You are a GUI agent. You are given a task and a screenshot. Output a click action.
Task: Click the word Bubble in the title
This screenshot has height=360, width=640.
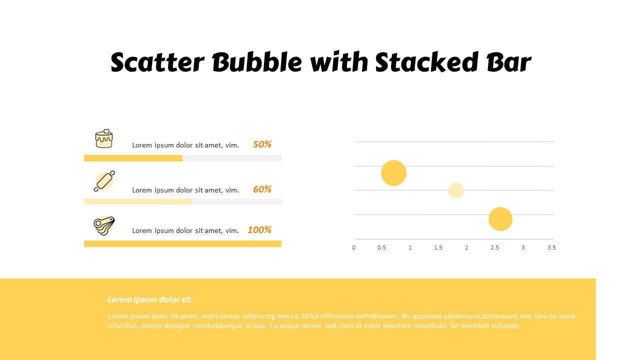(x=257, y=62)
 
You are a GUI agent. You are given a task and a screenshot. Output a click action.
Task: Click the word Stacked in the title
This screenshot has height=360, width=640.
(x=426, y=62)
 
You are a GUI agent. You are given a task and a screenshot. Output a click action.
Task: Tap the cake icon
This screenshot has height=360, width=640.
(x=104, y=138)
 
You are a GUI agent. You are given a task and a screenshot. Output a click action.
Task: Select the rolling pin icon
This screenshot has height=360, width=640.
(x=104, y=181)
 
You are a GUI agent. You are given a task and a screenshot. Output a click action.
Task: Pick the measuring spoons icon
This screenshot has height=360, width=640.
(x=104, y=225)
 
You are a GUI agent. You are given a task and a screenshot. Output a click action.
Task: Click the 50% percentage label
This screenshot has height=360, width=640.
(x=262, y=144)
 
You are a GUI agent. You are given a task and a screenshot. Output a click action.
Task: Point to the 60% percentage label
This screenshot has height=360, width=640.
(x=262, y=189)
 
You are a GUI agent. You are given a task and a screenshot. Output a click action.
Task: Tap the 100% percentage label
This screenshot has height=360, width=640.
(x=259, y=229)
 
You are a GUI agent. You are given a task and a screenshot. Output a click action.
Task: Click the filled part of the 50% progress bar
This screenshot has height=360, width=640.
(x=133, y=158)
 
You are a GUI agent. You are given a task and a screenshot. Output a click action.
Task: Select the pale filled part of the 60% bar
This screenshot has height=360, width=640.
(x=137, y=201)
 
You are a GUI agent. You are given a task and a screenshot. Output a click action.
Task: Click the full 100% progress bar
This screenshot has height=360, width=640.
(x=182, y=243)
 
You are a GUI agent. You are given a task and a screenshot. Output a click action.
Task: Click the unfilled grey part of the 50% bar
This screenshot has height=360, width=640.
(x=232, y=158)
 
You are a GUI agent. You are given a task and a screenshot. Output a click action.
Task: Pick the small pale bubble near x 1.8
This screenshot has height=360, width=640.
(x=455, y=190)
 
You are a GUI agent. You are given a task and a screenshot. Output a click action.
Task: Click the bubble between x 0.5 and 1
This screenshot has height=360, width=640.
(x=393, y=173)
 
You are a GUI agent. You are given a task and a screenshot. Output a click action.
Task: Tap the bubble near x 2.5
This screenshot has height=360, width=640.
(x=500, y=219)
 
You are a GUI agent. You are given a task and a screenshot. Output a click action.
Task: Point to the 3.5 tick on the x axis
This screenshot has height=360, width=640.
(x=551, y=247)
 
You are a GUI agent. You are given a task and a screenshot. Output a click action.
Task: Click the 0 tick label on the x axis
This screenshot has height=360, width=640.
(x=353, y=247)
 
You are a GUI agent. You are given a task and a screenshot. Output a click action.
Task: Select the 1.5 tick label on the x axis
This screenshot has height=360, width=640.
(x=438, y=247)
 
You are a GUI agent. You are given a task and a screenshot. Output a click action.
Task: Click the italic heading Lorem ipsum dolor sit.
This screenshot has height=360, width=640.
(x=150, y=299)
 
